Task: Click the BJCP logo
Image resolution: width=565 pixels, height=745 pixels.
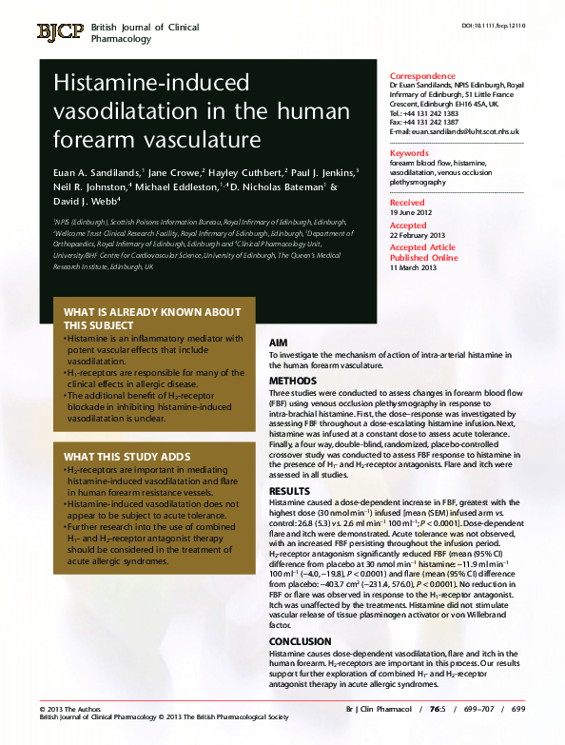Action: (x=61, y=33)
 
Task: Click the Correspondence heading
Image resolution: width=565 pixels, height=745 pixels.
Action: (x=422, y=76)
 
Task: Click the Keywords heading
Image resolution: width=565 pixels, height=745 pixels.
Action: (x=410, y=152)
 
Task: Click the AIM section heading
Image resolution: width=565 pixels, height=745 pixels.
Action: (x=279, y=341)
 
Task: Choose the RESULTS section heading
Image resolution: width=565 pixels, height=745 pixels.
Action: (x=289, y=491)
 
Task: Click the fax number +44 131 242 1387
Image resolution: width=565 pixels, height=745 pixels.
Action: (x=433, y=122)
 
